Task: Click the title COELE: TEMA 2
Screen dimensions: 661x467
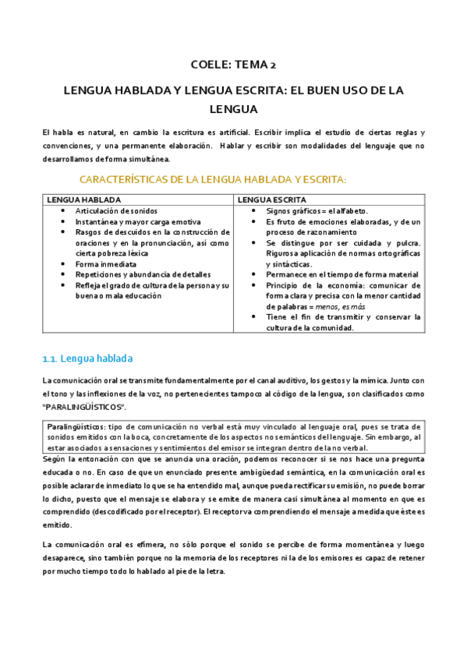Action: tap(233, 65)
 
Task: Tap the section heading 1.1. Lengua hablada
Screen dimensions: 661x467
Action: tap(87, 359)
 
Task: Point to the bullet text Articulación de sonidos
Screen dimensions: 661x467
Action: tap(115, 211)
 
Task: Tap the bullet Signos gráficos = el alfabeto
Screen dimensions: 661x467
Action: tap(317, 211)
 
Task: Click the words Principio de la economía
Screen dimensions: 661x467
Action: tap(312, 285)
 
